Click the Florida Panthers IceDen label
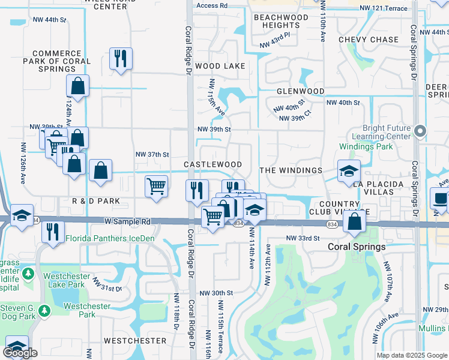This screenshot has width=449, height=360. [x=112, y=238]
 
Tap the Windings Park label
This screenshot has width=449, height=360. [x=366, y=146]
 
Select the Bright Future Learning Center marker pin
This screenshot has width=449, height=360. [x=420, y=131]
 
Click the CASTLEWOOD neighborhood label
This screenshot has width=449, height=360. [x=212, y=164]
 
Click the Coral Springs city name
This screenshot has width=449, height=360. [x=356, y=247]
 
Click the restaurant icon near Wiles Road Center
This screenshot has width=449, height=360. [x=121, y=59]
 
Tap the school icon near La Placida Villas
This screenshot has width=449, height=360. [x=349, y=170]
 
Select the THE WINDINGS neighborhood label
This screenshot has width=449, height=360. [x=291, y=170]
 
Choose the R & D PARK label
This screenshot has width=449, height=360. [x=96, y=201]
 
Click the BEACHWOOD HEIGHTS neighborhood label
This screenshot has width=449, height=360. [x=281, y=22]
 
